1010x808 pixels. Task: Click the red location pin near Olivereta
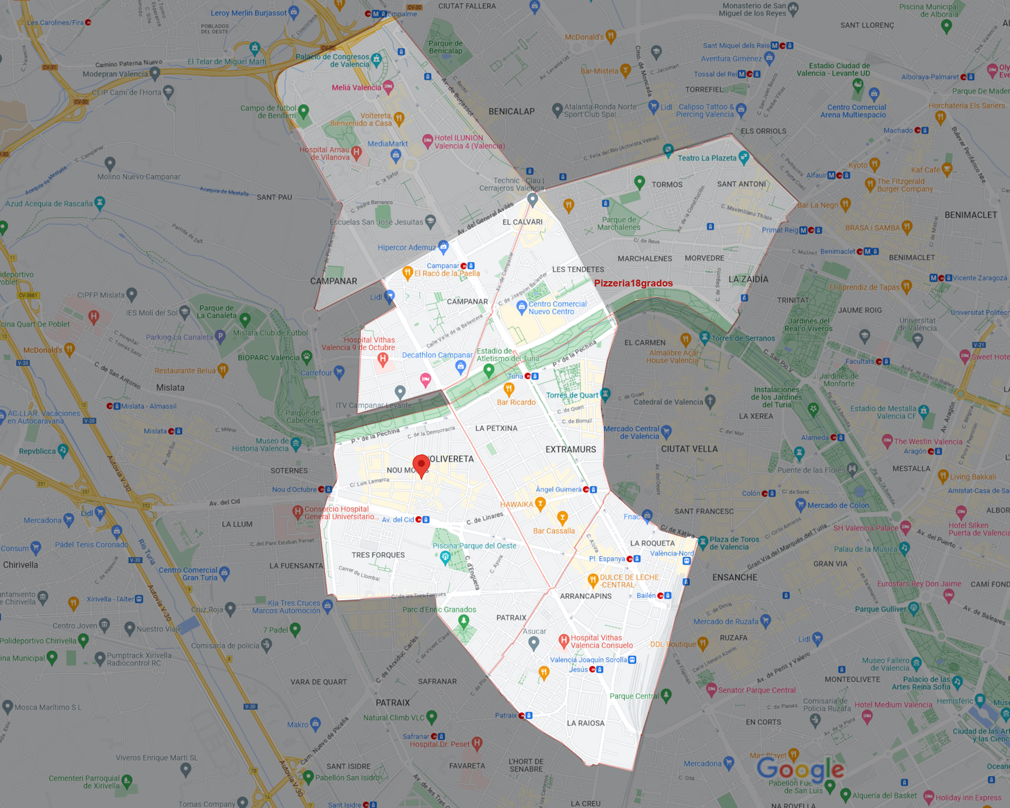[x=421, y=464]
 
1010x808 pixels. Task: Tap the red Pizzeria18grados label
[x=633, y=283]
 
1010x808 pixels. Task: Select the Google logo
[x=800, y=769]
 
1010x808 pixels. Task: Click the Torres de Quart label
[x=572, y=395]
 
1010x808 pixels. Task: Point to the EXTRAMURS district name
[x=570, y=449]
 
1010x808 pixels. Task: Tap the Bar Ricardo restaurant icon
[x=509, y=389]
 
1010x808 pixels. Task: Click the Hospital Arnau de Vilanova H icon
[x=356, y=152]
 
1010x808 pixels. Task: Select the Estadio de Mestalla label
[x=883, y=412]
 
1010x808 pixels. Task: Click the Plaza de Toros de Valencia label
[x=734, y=543]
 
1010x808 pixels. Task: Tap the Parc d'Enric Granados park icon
[x=463, y=621]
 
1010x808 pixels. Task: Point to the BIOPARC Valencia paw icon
[x=307, y=357]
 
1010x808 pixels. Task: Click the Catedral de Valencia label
[x=668, y=402]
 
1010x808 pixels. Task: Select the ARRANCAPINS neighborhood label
[x=585, y=596]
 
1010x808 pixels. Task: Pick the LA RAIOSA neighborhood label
[x=585, y=723]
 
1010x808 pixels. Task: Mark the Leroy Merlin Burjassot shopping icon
[x=294, y=12]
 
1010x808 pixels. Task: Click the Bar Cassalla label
[x=554, y=531]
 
